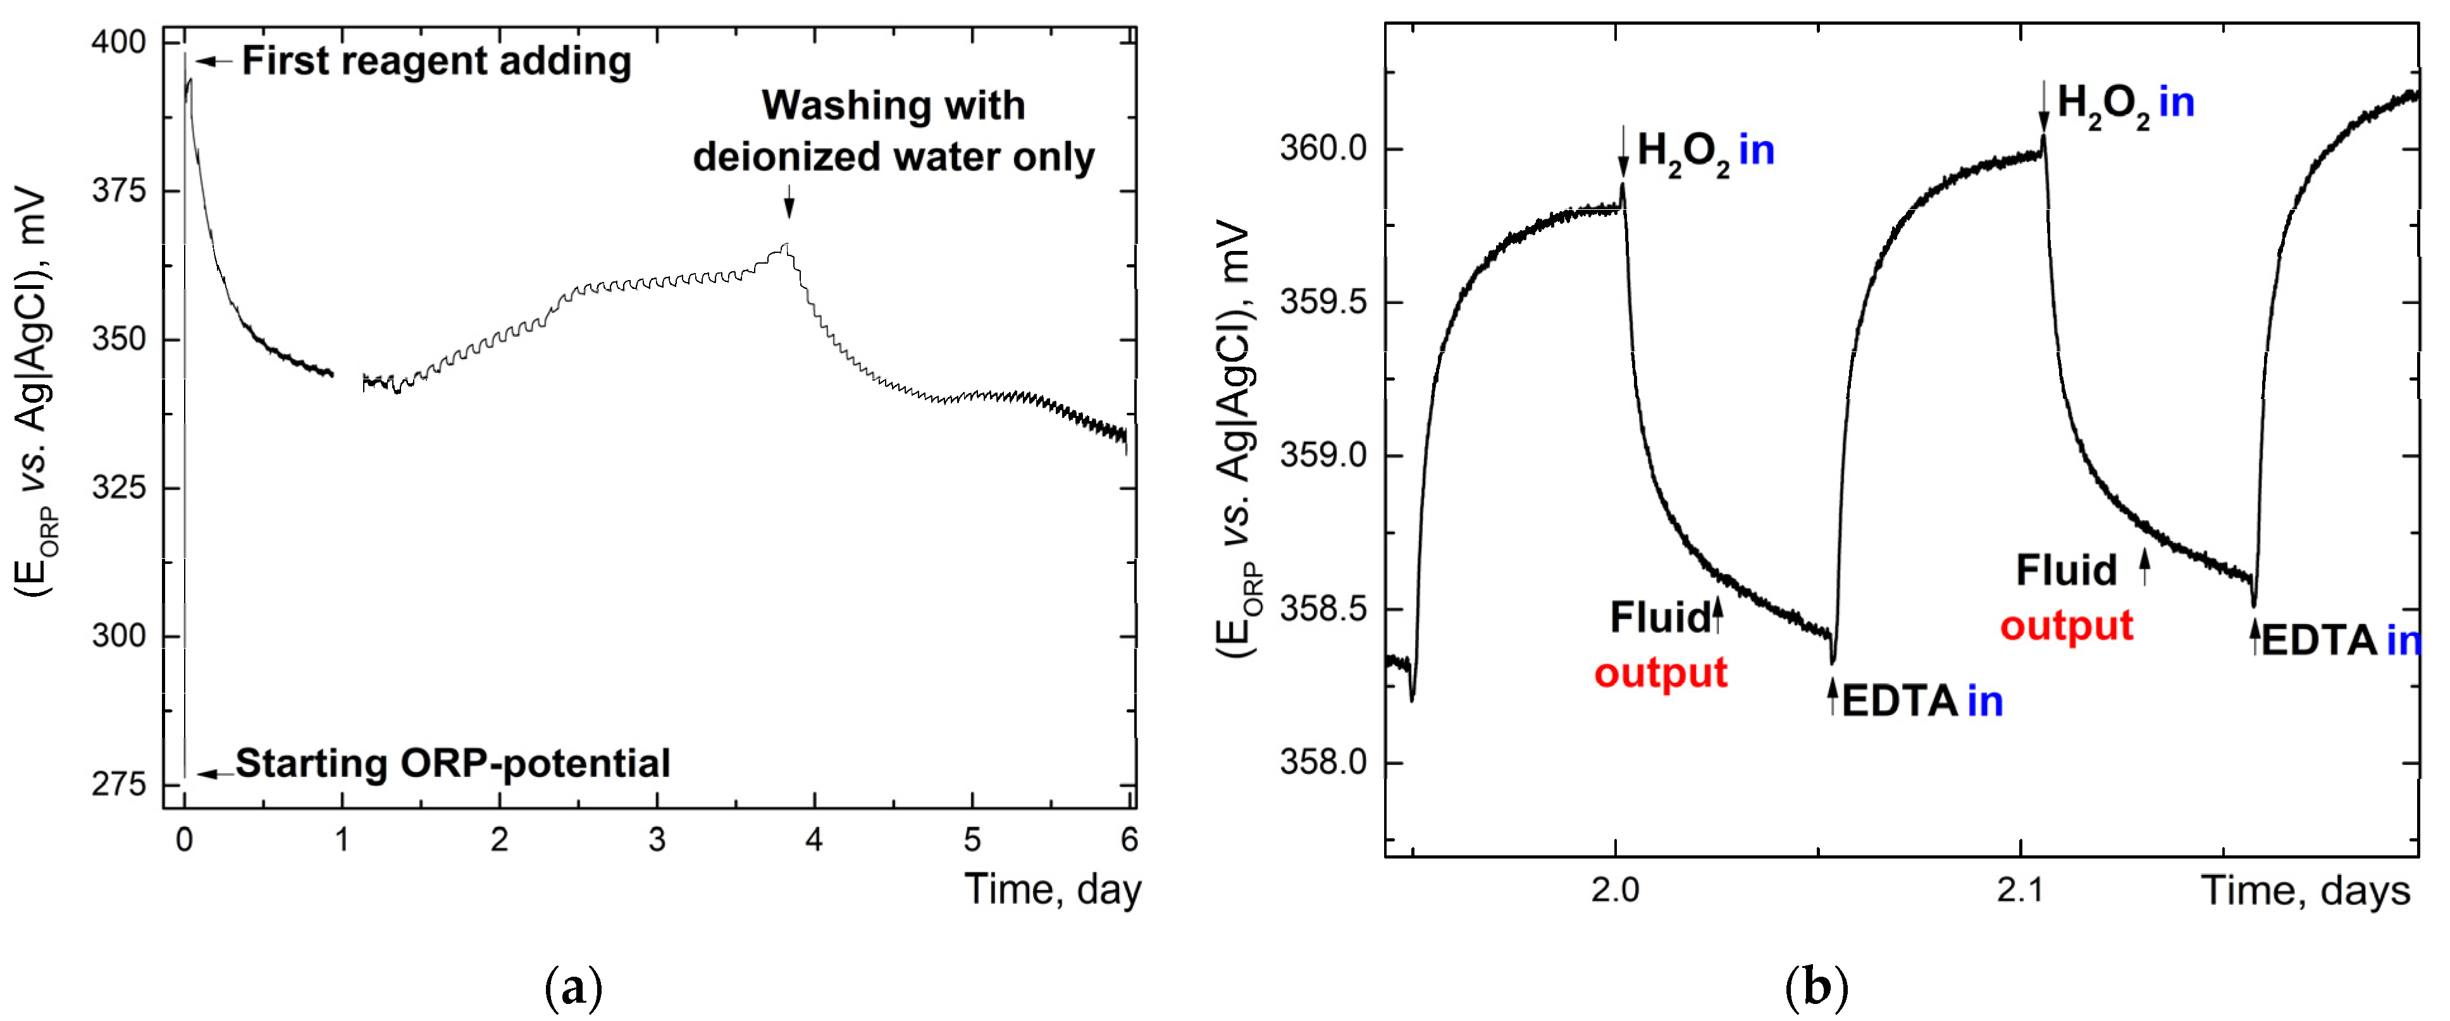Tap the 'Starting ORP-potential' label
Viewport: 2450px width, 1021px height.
pyautogui.click(x=453, y=763)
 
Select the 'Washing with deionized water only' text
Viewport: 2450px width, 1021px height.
pyautogui.click(x=893, y=131)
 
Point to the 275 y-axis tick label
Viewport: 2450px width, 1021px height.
pyautogui.click(x=119, y=785)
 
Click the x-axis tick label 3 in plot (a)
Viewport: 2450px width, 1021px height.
pyautogui.click(x=656, y=840)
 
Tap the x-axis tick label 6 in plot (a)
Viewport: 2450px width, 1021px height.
pyautogui.click(x=1129, y=840)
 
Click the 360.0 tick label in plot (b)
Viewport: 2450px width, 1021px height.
pyautogui.click(x=1323, y=149)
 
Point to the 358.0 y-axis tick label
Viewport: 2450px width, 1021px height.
pyautogui.click(x=1323, y=762)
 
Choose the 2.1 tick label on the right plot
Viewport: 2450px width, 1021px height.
pyautogui.click(x=2019, y=891)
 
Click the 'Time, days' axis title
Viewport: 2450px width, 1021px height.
pyautogui.click(x=2305, y=891)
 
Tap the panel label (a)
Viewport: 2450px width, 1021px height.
pyautogui.click(x=574, y=989)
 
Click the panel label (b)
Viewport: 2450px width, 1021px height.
pyautogui.click(x=1817, y=989)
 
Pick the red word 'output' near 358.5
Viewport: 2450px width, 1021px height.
pyautogui.click(x=1661, y=673)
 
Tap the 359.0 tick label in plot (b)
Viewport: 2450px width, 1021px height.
pyautogui.click(x=1323, y=455)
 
